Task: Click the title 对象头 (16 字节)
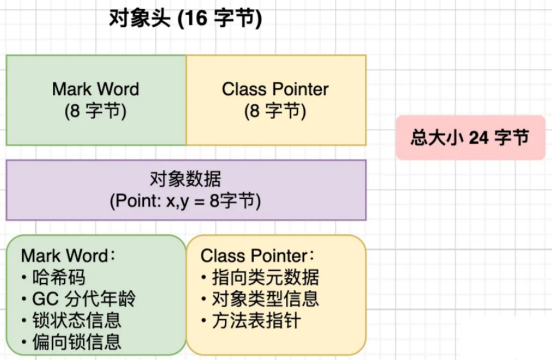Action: click(186, 18)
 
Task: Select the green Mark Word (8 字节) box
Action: click(96, 100)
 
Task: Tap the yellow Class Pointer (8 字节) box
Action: click(276, 100)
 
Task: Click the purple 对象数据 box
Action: click(186, 190)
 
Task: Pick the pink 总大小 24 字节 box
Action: click(471, 137)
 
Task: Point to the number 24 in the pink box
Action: click(479, 137)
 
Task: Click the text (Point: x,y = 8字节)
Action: click(186, 201)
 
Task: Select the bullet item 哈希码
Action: click(53, 277)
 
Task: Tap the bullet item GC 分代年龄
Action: click(78, 298)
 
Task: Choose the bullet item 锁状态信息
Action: click(71, 320)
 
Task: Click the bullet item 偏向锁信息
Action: click(71, 341)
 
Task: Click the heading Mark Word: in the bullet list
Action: click(68, 256)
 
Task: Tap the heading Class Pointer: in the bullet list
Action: click(257, 256)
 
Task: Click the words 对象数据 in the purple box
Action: click(186, 179)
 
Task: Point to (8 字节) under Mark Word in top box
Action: click(95, 111)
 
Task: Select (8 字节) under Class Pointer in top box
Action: click(275, 111)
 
